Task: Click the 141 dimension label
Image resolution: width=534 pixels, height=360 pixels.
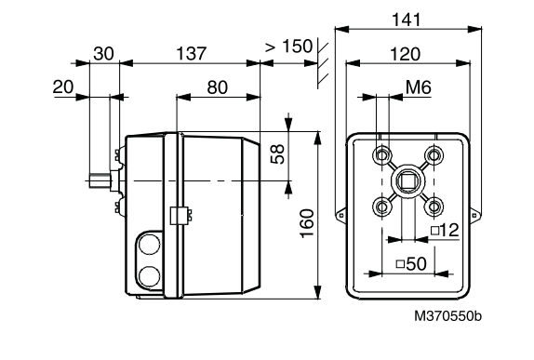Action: click(407, 20)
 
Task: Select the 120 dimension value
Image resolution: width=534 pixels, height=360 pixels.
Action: click(405, 54)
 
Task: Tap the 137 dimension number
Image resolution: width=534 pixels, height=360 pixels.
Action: click(191, 53)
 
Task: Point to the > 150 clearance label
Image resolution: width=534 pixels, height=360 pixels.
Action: click(288, 47)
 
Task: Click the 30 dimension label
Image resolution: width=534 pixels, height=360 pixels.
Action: click(103, 53)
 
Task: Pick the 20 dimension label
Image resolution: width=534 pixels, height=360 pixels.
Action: click(63, 87)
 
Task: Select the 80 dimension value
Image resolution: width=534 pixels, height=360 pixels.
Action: click(218, 87)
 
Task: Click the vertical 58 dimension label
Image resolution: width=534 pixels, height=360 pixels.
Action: click(277, 153)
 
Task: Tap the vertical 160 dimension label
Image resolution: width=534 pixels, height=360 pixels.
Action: click(307, 223)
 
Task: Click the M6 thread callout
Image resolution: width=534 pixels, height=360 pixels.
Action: click(419, 87)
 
